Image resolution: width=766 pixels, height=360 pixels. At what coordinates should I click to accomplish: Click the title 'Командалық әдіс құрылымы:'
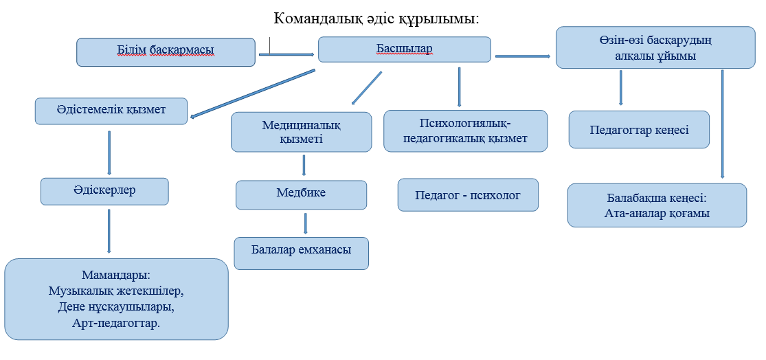point(376,18)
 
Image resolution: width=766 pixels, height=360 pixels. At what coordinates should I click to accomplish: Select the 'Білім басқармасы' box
point(166,52)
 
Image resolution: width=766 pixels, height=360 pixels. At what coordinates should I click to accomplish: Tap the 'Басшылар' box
point(404,49)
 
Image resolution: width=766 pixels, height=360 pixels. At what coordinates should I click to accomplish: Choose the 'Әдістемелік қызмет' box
point(111,110)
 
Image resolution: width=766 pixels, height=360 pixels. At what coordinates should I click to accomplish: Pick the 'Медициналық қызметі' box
point(301,132)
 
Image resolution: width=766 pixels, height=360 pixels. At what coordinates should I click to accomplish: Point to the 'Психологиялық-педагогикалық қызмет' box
point(465,131)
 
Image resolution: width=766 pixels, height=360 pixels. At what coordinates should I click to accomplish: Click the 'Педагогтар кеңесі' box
point(639,130)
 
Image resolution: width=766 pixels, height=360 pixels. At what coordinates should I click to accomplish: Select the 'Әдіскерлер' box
point(104,191)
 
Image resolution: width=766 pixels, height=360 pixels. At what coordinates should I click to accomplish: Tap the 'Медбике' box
point(301,194)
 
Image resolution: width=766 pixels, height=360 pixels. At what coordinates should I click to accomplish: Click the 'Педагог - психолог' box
point(468,196)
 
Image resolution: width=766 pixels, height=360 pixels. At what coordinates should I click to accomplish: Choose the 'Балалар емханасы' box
point(301,253)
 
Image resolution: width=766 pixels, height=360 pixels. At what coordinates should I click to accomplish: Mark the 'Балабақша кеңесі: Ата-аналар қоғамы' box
point(657,205)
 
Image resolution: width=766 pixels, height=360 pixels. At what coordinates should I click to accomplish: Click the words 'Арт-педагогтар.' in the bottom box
point(116,322)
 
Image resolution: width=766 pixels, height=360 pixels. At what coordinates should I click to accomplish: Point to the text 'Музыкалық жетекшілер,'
point(116,291)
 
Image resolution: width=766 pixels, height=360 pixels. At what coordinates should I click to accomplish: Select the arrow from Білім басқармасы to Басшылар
point(286,54)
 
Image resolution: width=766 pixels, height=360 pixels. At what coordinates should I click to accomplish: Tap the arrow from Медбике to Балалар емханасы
point(306,223)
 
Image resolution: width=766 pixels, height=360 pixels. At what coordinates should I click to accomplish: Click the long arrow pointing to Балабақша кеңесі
point(723,124)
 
